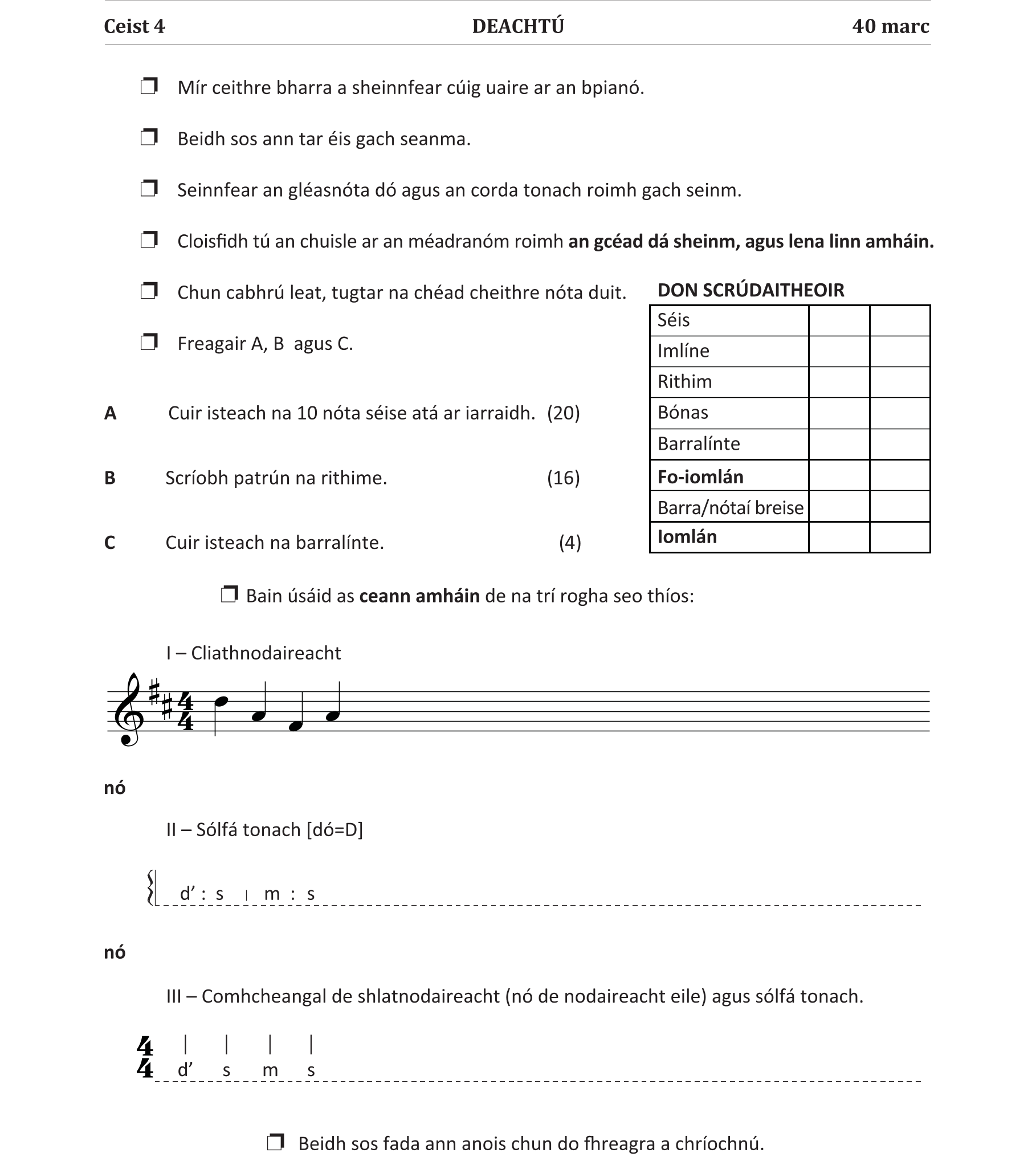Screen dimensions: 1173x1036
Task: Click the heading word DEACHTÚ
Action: click(518, 26)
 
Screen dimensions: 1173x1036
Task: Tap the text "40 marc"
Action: click(890, 26)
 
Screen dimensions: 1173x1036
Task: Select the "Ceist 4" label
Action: click(134, 26)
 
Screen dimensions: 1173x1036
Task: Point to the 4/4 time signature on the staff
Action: click(185, 711)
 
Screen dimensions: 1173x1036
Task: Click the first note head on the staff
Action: click(221, 701)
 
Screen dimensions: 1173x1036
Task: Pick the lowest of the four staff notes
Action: click(295, 726)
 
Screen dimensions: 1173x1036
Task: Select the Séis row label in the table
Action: click(674, 320)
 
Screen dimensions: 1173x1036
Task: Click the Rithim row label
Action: click(684, 382)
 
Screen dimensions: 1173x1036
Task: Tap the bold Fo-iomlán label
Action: click(700, 477)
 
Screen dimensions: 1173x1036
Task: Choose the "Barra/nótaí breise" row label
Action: click(730, 508)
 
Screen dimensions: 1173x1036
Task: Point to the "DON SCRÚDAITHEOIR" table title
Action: click(751, 290)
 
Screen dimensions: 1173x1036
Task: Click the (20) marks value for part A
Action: click(564, 413)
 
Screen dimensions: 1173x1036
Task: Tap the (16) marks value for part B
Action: click(564, 478)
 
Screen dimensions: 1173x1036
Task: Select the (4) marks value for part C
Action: click(570, 543)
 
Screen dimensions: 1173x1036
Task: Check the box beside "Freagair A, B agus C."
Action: click(149, 343)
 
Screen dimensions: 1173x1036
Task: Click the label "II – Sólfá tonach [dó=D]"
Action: click(264, 830)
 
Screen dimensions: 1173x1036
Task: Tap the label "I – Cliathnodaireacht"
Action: click(254, 653)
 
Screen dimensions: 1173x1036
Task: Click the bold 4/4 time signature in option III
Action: click(145, 1058)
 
